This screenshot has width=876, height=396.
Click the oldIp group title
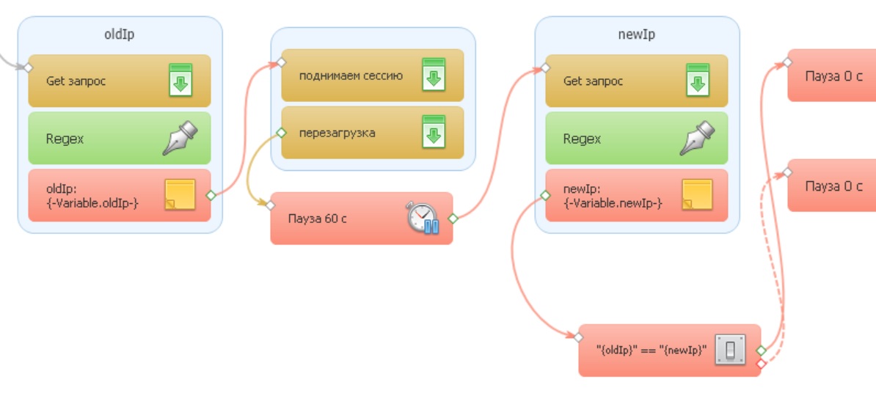[x=120, y=34]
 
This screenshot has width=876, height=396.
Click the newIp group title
[x=637, y=34]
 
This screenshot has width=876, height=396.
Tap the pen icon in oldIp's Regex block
[x=180, y=138]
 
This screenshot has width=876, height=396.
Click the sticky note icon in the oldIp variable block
[x=180, y=195]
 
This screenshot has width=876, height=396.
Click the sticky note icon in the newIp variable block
[x=698, y=195]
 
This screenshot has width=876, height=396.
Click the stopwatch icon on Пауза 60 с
[x=423, y=218]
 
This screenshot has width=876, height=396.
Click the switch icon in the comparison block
[x=730, y=351]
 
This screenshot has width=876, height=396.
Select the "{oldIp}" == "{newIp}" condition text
[x=651, y=351]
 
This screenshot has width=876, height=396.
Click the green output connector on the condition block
[x=761, y=351]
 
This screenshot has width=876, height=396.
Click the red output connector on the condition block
[x=761, y=364]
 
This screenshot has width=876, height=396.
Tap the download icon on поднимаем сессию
[x=434, y=75]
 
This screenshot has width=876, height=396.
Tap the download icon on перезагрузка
[x=434, y=133]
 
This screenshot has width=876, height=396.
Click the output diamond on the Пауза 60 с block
[x=453, y=218]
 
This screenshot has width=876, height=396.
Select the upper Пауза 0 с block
[x=833, y=76]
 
